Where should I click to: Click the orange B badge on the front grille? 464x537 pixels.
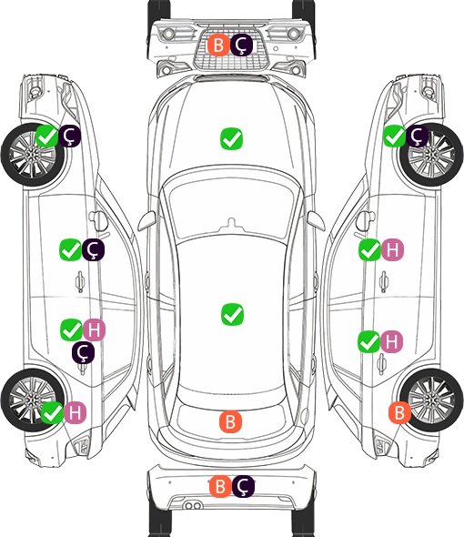tap(218, 45)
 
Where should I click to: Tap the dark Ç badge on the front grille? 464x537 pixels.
tap(241, 45)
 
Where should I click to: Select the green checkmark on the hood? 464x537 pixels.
tap(231, 138)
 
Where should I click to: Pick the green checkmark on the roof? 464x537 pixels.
tap(232, 314)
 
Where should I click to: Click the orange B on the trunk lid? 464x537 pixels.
tap(230, 421)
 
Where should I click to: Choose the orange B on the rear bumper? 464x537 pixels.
tap(220, 486)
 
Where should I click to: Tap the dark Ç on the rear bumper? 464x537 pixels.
tap(244, 486)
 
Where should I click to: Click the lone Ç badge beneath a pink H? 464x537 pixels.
tap(83, 352)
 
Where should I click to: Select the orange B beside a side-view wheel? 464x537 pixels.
tap(399, 412)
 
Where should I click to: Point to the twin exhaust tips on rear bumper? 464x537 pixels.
tap(193, 505)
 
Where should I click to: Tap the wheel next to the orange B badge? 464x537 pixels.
tap(431, 400)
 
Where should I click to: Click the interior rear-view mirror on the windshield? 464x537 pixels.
tap(232, 223)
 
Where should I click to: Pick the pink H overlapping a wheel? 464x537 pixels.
tap(75, 412)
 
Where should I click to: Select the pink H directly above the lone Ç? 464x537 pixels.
tap(95, 329)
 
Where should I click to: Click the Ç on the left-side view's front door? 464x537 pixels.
tap(93, 250)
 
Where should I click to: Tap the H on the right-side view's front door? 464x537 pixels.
tap(392, 250)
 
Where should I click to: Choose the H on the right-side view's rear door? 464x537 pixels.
tap(392, 342)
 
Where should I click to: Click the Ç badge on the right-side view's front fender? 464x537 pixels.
tap(417, 136)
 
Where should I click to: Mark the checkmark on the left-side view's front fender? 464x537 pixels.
tap(47, 136)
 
